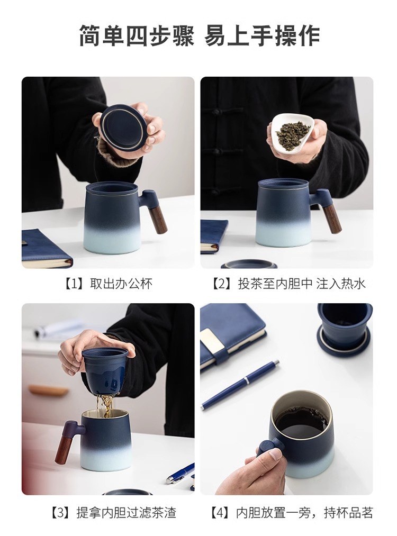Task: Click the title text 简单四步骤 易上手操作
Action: [200, 36]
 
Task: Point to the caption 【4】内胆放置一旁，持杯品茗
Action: [290, 513]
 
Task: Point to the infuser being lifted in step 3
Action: [109, 371]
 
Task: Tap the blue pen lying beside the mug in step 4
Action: [239, 385]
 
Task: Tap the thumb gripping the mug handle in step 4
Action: [274, 455]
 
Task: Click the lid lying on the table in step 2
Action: [249, 264]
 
